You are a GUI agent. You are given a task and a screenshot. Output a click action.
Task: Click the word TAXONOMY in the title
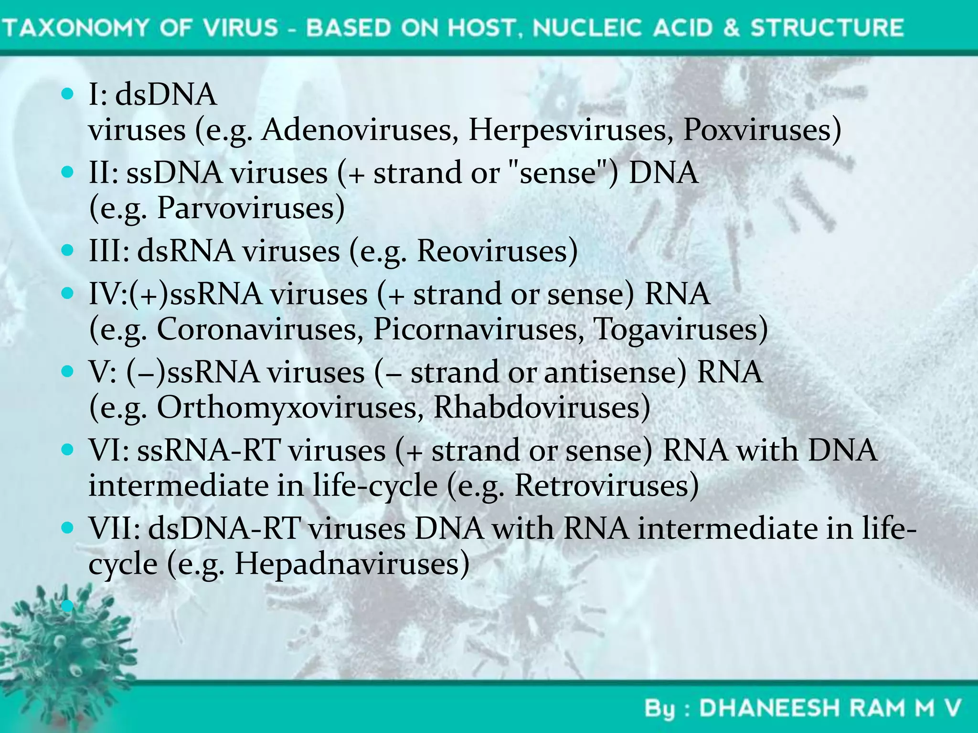tap(77, 27)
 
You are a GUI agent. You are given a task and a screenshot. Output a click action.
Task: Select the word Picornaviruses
tap(475, 329)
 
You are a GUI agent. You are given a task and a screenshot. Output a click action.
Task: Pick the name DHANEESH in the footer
tap(769, 708)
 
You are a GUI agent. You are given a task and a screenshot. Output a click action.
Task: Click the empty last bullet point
tap(67, 606)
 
